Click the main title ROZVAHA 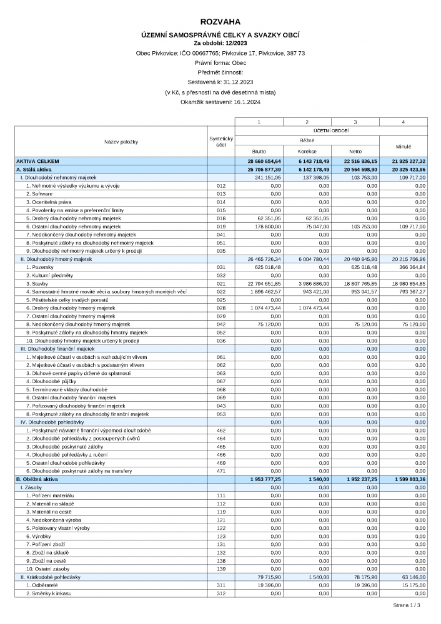[220, 22]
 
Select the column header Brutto [259, 151]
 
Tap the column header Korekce [307, 151]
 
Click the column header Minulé [404, 146]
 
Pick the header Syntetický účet [220, 142]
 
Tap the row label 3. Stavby [37, 283]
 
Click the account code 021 [220, 283]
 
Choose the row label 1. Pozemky [40, 267]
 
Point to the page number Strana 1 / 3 [406, 605]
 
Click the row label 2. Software [39, 194]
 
